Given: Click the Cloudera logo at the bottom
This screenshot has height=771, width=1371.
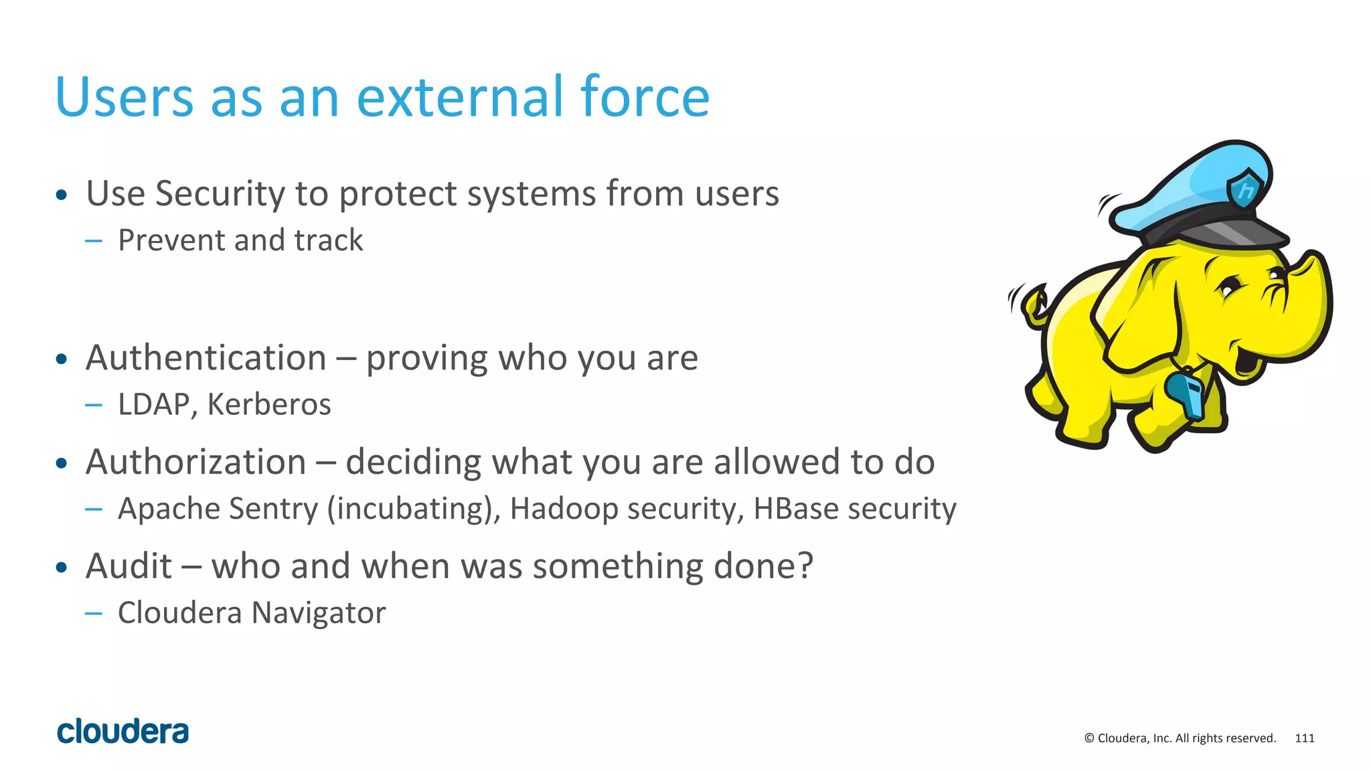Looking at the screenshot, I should [123, 732].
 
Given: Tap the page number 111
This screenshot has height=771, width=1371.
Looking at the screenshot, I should [1304, 738].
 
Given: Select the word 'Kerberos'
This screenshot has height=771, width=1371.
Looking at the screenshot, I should [269, 404].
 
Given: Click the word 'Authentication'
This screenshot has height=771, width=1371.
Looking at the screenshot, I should [206, 357].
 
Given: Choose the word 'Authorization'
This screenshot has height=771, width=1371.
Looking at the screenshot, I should [196, 462].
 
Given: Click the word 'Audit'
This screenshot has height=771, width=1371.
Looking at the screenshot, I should [129, 566].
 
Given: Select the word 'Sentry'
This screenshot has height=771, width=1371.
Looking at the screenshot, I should [273, 509].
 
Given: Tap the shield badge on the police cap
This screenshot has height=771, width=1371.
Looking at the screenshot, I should [1245, 189].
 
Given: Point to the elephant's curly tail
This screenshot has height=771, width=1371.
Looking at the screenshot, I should [1033, 305].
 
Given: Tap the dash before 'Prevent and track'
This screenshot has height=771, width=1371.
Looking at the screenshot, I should [94, 241].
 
